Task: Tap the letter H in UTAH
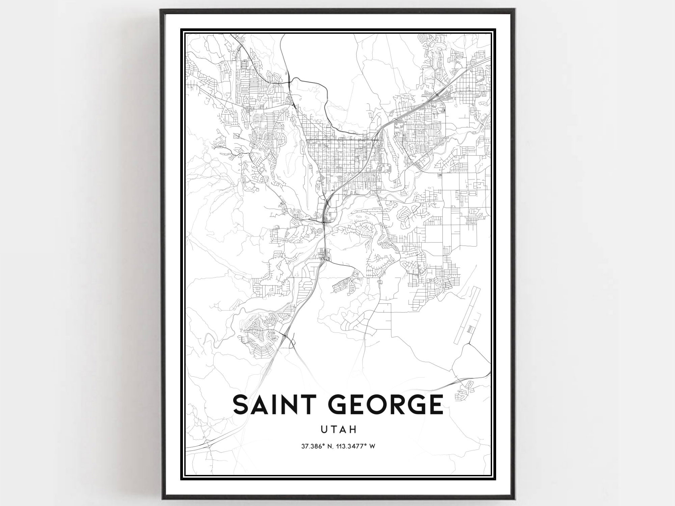353,430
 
